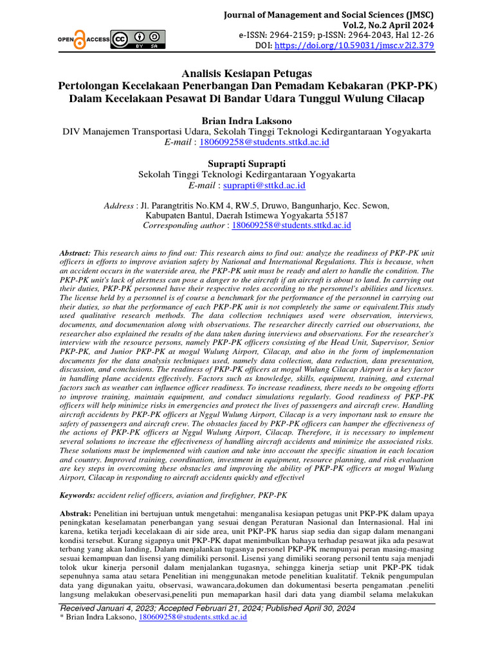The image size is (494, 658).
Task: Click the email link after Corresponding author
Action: pyautogui.click(x=291, y=226)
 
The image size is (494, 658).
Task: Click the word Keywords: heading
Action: pyautogui.click(x=77, y=495)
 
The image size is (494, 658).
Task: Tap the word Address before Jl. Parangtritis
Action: pyautogui.click(x=119, y=206)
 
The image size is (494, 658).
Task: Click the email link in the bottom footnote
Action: pyautogui.click(x=192, y=618)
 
